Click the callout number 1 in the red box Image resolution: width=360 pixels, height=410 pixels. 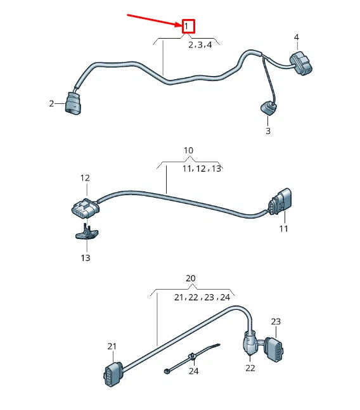tap(188, 27)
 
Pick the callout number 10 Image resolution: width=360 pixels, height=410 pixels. tap(188, 150)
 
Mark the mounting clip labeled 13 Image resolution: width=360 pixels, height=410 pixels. tap(86, 234)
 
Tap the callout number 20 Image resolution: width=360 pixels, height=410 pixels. tap(191, 278)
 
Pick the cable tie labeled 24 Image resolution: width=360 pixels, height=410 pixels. tap(190, 357)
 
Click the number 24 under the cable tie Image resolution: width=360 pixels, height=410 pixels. tap(193, 371)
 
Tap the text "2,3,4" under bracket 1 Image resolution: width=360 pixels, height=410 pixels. tap(200, 45)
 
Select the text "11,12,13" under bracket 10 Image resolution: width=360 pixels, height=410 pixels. tap(202, 169)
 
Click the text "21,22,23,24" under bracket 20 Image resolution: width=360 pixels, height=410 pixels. tap(202, 297)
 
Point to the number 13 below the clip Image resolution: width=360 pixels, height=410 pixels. tap(85, 258)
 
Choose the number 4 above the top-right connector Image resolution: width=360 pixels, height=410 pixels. tap(296, 37)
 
